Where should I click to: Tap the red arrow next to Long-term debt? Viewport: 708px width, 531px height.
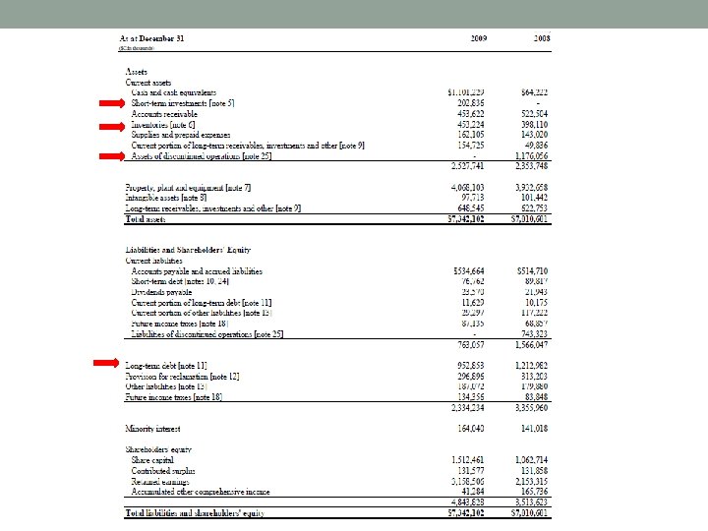point(106,365)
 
